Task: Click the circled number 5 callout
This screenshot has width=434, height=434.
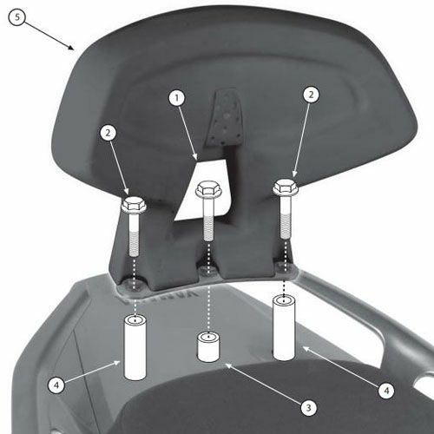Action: (17, 17)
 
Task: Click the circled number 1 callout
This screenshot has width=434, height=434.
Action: (177, 98)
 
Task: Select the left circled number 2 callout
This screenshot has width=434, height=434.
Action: (108, 133)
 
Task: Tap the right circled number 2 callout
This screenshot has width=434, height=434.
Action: (311, 95)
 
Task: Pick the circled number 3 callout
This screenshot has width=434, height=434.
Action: (309, 408)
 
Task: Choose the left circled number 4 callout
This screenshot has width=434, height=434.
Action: (56, 385)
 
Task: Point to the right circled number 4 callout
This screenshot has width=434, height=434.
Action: (386, 391)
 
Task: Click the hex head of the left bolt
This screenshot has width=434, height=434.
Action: (134, 204)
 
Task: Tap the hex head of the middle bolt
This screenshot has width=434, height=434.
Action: (207, 189)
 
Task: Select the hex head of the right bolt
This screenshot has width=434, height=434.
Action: (286, 187)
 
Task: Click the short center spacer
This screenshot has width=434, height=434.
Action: (208, 347)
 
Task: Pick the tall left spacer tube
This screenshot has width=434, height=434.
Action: (135, 348)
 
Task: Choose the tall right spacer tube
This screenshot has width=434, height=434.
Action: (284, 328)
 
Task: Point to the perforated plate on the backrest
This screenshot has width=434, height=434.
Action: (226, 119)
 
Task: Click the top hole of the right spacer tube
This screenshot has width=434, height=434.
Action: (284, 299)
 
